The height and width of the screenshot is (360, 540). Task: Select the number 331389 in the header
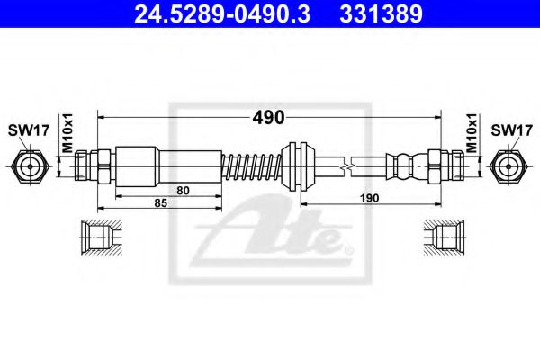[x=380, y=14]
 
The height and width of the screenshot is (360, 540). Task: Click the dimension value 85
[x=161, y=204]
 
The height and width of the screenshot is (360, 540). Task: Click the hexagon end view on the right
[x=509, y=166]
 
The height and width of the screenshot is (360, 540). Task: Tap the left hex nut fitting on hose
[x=91, y=166]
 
